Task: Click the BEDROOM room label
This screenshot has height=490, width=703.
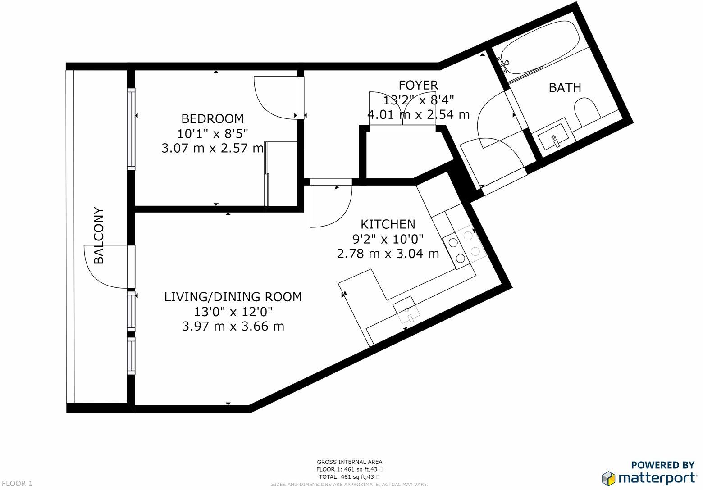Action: (212, 118)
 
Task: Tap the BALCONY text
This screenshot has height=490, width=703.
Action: (99, 236)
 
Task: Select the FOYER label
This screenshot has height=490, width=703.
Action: (418, 85)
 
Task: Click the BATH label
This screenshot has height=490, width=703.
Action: (565, 87)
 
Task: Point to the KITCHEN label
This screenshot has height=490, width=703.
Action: (388, 224)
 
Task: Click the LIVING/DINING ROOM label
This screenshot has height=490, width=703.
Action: (233, 297)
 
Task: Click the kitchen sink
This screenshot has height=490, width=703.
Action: (406, 310)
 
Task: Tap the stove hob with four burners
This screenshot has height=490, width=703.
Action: (463, 246)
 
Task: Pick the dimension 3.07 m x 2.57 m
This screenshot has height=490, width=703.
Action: (212, 148)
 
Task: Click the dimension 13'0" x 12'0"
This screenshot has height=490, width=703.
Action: (233, 311)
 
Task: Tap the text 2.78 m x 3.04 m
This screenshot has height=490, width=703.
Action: (388, 254)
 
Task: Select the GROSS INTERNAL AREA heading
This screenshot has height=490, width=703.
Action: (350, 462)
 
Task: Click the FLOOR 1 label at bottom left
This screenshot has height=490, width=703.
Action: (17, 484)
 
